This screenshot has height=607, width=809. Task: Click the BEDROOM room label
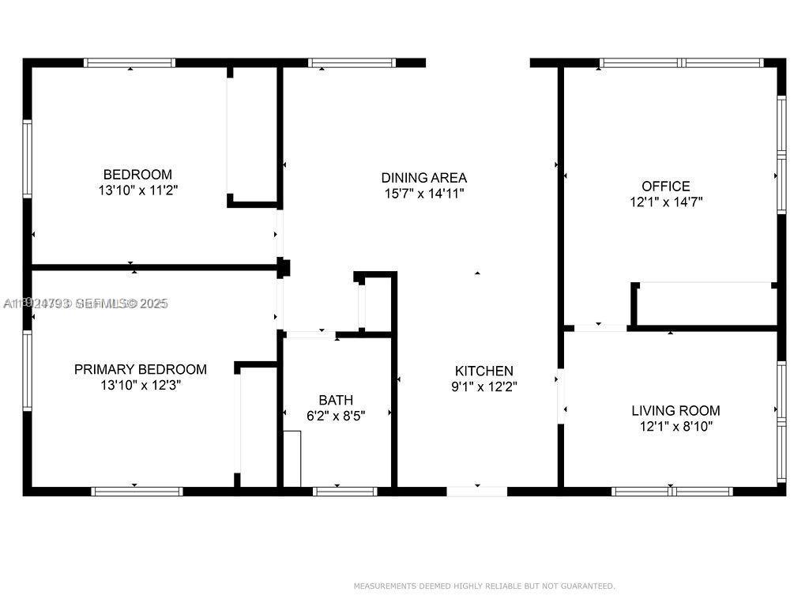(x=137, y=174)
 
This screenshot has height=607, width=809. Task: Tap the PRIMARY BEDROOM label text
(x=141, y=369)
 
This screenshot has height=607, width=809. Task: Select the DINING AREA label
(x=423, y=178)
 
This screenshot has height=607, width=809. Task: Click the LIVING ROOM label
(x=675, y=410)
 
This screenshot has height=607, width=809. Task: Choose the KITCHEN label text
(x=484, y=371)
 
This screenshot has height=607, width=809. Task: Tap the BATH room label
(x=336, y=400)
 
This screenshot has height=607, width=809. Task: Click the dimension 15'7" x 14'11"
(x=423, y=193)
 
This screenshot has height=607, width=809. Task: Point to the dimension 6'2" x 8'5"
(x=336, y=415)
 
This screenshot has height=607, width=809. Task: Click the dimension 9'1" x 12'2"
(x=484, y=386)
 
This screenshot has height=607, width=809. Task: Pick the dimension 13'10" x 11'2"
(x=137, y=190)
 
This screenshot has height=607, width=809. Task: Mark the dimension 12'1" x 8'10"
(x=675, y=426)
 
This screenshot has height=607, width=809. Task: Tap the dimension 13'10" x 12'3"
(x=141, y=385)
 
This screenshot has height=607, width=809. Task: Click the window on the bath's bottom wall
(x=344, y=492)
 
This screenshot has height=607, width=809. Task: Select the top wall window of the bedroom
(x=130, y=62)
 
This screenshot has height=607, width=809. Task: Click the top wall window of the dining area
(x=352, y=62)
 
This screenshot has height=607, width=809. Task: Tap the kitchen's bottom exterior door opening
(x=476, y=492)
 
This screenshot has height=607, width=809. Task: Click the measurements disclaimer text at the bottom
(x=484, y=586)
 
